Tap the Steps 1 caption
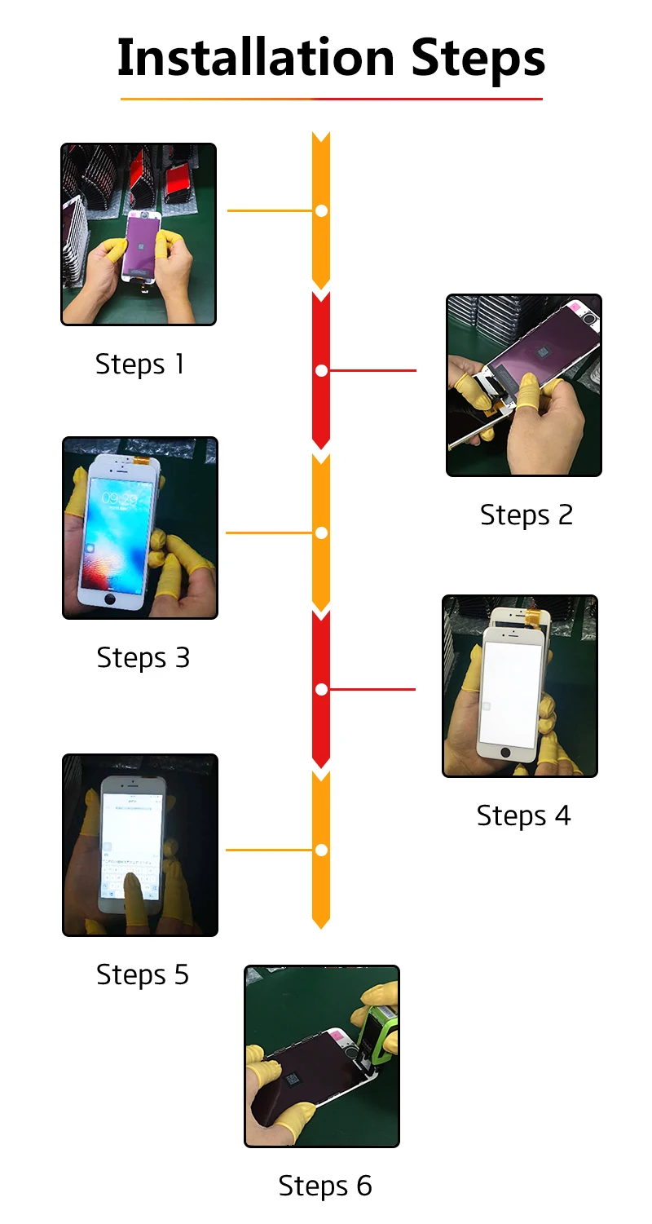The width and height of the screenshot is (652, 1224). (x=140, y=364)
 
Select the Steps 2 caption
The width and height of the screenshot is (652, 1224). (x=526, y=515)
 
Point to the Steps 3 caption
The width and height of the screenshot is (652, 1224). (x=143, y=657)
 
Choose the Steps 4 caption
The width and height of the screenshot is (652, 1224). (x=523, y=815)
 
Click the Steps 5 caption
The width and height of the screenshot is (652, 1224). (x=143, y=974)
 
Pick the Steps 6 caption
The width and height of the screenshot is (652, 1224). (x=324, y=1186)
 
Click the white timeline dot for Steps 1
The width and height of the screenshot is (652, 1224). (x=321, y=210)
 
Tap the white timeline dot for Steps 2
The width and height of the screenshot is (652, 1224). (x=321, y=370)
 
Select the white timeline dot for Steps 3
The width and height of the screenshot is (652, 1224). (x=321, y=532)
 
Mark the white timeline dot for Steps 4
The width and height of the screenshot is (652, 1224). (x=321, y=689)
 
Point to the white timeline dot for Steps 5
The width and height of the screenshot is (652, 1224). (x=321, y=850)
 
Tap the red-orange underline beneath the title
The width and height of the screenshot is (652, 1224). (x=331, y=99)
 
